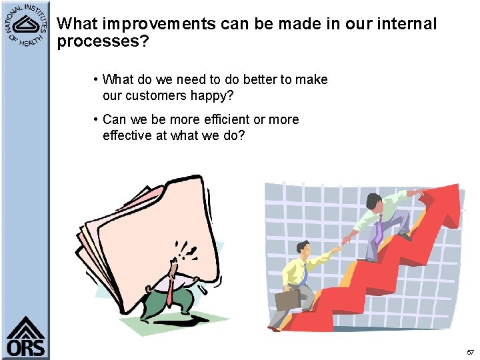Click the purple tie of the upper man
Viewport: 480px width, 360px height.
pyautogui.click(x=379, y=229)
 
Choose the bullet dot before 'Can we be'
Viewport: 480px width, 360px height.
pyautogui.click(x=97, y=120)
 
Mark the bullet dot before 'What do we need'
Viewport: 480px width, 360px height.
pyautogui.click(x=97, y=80)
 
